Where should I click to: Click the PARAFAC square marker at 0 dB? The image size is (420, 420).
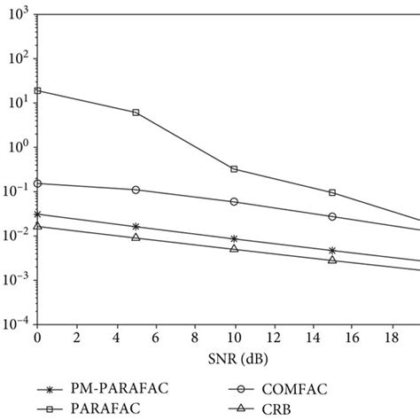click(37, 90)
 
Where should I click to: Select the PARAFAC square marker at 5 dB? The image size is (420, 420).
click(136, 113)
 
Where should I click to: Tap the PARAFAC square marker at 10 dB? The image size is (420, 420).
click(234, 168)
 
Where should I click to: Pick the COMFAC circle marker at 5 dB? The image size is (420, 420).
click(136, 190)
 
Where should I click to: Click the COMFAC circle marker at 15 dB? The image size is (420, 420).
click(332, 216)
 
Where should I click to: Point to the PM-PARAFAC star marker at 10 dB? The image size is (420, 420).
click(234, 238)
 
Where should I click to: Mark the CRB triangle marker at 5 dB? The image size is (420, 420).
click(136, 237)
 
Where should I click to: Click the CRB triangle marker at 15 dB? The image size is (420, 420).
click(332, 260)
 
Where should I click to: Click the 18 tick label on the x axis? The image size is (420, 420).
click(391, 339)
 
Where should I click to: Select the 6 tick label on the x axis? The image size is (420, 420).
click(155, 339)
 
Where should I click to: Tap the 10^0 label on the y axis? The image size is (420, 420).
click(18, 146)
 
